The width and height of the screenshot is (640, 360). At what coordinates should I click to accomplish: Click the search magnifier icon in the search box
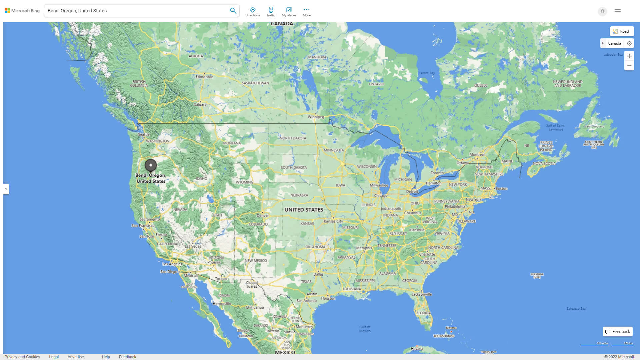(233, 11)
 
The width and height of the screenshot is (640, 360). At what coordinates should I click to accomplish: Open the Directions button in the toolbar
(253, 11)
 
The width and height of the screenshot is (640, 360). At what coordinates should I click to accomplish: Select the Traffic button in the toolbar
(271, 11)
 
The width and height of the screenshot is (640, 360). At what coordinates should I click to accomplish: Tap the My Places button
(289, 11)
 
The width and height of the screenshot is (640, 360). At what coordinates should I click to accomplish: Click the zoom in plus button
(629, 56)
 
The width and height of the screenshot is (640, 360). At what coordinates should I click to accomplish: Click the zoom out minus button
(629, 66)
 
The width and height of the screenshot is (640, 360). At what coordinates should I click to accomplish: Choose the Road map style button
(622, 31)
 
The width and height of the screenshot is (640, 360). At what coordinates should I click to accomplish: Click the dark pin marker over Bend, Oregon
(151, 165)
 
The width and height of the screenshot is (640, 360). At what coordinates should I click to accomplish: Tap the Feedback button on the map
(618, 332)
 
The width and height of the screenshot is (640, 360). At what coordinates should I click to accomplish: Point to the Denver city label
(263, 215)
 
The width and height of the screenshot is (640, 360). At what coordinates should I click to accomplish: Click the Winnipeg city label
(316, 117)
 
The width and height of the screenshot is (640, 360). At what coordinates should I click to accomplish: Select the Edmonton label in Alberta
(204, 77)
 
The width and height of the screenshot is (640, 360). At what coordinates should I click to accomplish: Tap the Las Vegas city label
(193, 246)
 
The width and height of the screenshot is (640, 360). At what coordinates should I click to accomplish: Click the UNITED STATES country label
(304, 210)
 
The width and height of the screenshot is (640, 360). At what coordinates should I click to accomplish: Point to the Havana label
(417, 349)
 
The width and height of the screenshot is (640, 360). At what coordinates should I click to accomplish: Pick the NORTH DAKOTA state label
(293, 138)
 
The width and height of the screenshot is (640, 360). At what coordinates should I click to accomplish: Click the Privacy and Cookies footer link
(22, 357)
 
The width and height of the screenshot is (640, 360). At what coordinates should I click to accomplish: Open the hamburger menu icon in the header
(618, 11)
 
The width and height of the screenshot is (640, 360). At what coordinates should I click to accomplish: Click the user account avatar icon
(602, 11)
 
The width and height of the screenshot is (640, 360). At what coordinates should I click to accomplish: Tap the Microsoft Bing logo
(22, 11)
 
